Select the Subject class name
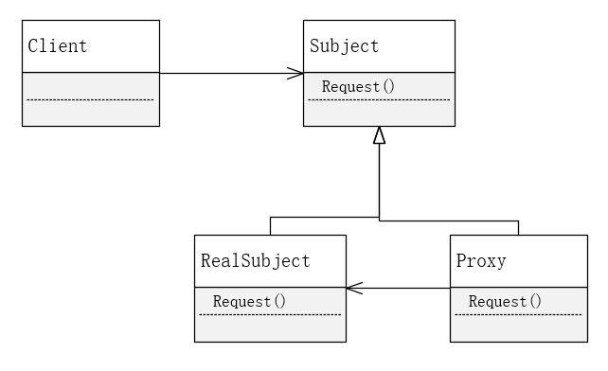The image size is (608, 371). [x=344, y=45]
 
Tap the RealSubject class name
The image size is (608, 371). [x=255, y=260]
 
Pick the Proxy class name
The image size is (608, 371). [x=481, y=260]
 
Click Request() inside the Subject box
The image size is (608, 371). [x=358, y=86]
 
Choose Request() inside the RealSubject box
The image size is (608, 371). [x=249, y=301]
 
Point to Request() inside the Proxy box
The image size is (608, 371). [x=505, y=301]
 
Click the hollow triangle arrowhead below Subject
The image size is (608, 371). [x=379, y=135]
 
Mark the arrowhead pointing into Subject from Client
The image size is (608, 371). [x=296, y=73]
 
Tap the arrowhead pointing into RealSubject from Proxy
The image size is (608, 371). [x=352, y=288]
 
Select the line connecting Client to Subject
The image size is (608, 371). [x=227, y=73]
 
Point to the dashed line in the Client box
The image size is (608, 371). [x=90, y=99]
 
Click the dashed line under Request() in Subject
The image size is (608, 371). [x=379, y=98]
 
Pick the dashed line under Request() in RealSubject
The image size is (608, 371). [x=270, y=313]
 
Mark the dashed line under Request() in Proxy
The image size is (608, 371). [x=525, y=313]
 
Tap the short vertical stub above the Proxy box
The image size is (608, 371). [x=518, y=227]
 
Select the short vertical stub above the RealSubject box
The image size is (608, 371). [x=270, y=225]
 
